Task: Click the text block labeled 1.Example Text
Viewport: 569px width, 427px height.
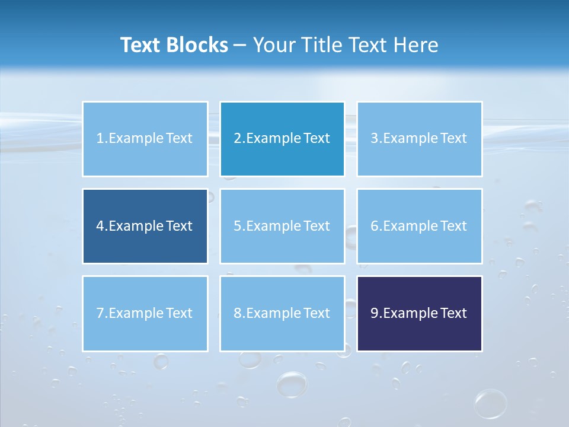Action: (x=145, y=139)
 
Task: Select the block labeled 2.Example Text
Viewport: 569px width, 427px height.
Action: (x=282, y=139)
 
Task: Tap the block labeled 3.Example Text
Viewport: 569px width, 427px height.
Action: (x=419, y=139)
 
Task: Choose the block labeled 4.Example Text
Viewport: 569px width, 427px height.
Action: (x=145, y=226)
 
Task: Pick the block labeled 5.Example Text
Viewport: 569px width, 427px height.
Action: (x=282, y=226)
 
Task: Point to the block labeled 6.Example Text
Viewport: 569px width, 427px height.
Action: (x=419, y=226)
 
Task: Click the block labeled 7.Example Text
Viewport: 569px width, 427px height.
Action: (x=145, y=313)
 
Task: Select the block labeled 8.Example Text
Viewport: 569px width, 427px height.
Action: (x=282, y=313)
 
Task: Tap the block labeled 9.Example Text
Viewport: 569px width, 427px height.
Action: (x=419, y=313)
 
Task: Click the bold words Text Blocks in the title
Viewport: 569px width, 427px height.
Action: (x=174, y=45)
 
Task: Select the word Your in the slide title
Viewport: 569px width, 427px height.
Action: (x=272, y=45)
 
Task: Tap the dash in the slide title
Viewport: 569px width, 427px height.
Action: (x=240, y=45)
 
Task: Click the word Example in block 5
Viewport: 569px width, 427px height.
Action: (x=273, y=226)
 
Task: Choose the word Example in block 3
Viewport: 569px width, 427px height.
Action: (x=410, y=139)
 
